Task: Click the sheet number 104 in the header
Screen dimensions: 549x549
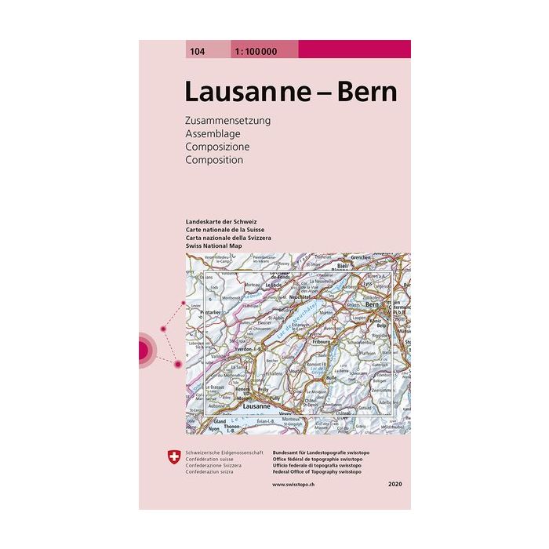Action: [195, 51]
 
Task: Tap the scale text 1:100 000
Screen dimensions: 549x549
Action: [254, 51]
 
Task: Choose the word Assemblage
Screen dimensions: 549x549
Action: [213, 134]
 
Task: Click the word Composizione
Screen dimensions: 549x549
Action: [217, 147]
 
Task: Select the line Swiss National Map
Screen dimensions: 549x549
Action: [214, 245]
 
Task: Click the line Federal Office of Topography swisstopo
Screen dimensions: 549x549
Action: [322, 474]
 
